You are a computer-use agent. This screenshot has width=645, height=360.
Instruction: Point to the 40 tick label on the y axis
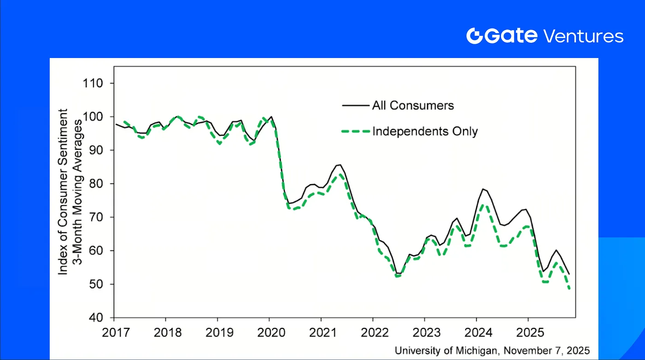pos(95,318)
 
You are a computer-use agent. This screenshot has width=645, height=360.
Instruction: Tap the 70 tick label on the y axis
pos(95,217)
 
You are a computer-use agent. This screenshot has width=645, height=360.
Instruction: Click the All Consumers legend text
pos(413,105)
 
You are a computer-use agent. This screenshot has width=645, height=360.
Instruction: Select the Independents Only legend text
pos(425,131)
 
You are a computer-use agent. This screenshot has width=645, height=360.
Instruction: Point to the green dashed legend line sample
pos(356,131)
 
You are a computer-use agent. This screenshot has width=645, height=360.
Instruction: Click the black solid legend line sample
pos(356,105)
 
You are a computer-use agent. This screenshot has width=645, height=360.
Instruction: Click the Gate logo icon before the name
pos(474,36)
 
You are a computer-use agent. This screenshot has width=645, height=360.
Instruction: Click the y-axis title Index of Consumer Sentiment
pos(63,192)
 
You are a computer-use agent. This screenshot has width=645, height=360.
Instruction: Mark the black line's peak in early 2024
pos(483,189)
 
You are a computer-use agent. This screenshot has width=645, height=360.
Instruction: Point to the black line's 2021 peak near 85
pos(340,164)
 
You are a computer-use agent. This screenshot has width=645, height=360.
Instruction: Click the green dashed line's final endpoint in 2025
pos(569,289)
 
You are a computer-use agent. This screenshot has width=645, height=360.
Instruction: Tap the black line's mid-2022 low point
pos(397,273)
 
